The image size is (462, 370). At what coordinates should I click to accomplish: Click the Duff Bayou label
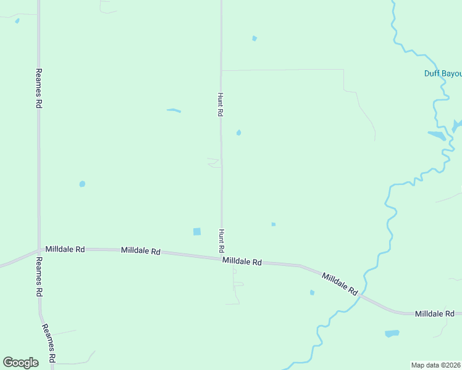click(x=443, y=73)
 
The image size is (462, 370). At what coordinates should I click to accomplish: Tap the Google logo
click(x=20, y=363)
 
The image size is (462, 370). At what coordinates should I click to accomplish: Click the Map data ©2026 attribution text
click(x=436, y=364)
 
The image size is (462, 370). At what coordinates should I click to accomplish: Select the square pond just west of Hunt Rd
click(x=197, y=231)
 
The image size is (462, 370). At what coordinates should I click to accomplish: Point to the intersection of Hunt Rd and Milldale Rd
click(x=222, y=257)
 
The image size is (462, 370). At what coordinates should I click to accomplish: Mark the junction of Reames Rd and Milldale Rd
click(x=40, y=249)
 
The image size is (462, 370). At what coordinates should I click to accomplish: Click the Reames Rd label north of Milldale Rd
click(x=39, y=89)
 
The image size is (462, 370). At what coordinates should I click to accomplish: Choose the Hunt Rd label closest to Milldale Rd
click(x=220, y=240)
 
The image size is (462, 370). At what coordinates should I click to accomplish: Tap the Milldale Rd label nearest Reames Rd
click(x=65, y=249)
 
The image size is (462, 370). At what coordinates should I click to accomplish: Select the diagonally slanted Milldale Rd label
click(x=340, y=282)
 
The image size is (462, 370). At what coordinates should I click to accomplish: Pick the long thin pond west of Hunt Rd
click(x=174, y=111)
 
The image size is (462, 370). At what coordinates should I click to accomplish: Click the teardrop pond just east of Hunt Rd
click(x=238, y=132)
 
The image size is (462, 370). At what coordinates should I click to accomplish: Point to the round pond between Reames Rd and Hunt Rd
click(x=82, y=184)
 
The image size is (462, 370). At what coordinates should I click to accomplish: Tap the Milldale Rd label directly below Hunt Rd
click(x=242, y=261)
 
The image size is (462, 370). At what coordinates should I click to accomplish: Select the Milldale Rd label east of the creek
click(x=435, y=313)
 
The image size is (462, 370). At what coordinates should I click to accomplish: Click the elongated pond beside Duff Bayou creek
click(x=436, y=135)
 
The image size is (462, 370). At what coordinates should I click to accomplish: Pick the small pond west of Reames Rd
click(x=17, y=21)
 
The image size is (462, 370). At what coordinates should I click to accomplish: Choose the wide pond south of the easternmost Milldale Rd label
click(x=392, y=334)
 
